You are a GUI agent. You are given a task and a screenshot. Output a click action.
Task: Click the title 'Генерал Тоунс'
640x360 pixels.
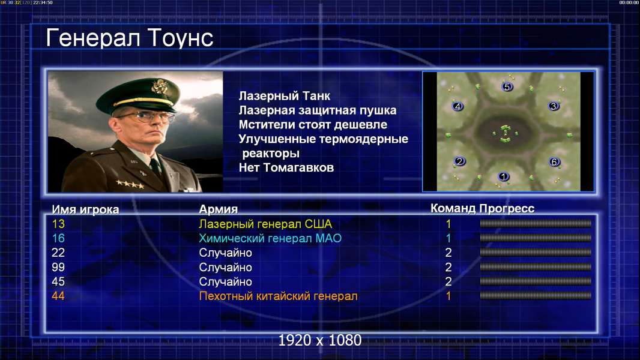130,38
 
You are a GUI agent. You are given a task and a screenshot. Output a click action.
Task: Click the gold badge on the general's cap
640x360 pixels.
158,86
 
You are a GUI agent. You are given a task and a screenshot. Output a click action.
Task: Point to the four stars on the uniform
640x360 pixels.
130,184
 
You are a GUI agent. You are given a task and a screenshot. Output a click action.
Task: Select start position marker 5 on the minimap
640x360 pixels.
507,86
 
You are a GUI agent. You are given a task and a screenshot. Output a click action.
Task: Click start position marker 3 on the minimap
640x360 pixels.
554,106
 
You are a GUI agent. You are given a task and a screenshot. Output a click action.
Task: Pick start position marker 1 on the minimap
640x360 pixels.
503,176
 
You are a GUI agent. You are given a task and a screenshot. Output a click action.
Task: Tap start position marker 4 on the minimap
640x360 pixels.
458,106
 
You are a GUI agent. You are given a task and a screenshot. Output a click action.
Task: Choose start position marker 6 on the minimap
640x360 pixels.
554,162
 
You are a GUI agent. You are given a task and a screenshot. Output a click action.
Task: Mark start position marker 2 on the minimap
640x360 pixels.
460,161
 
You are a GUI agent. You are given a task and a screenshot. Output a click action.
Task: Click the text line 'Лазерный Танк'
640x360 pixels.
285,96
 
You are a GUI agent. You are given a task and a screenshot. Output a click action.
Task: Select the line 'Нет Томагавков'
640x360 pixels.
286,167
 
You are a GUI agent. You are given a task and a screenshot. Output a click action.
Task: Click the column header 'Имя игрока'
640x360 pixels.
85,209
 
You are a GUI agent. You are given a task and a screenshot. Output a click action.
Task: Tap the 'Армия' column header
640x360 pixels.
219,209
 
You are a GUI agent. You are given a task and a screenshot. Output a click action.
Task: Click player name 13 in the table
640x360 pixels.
58,224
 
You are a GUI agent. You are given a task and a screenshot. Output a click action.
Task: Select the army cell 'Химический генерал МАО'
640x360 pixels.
270,238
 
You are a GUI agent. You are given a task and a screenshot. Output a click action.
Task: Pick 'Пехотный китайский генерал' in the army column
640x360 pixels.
279,296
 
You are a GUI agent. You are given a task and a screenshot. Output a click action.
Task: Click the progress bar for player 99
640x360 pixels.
536,267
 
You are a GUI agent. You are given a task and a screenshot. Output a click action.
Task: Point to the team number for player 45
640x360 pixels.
448,281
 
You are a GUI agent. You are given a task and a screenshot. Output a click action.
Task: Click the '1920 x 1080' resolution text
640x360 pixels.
320,340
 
